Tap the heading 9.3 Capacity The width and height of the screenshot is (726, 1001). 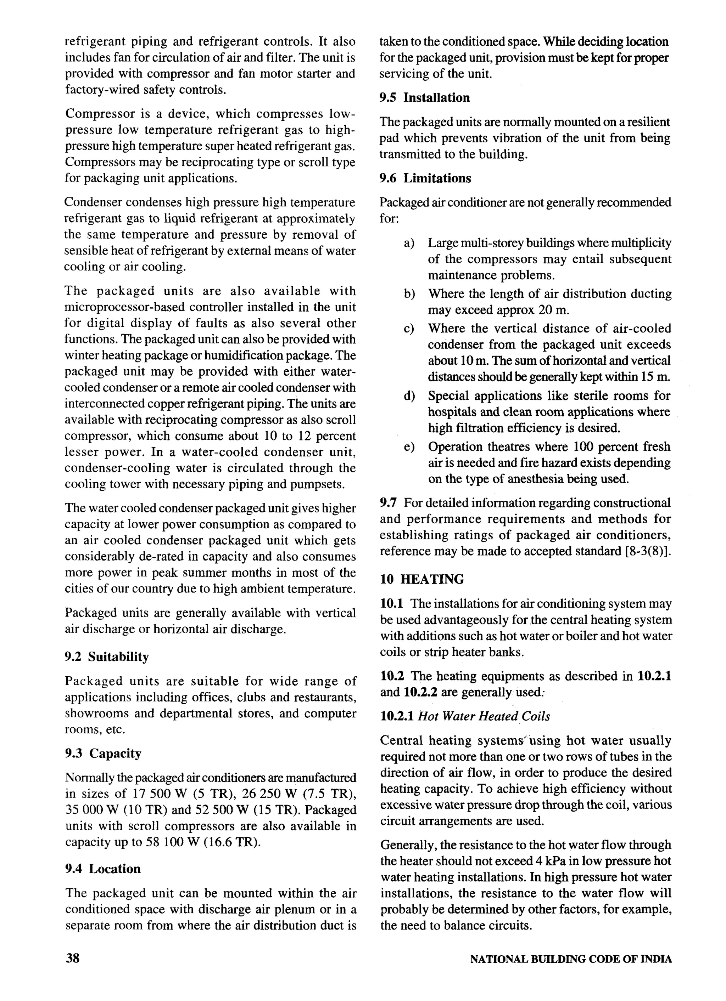click(103, 753)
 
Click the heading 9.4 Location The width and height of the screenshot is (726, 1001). click(103, 869)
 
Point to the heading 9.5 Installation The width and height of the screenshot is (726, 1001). click(425, 97)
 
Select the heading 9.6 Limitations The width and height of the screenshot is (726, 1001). click(425, 178)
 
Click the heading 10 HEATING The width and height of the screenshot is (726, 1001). click(422, 579)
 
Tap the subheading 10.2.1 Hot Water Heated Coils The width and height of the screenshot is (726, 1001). click(465, 716)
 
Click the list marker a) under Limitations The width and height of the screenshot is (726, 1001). click(409, 243)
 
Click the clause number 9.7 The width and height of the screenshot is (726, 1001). click(389, 503)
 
